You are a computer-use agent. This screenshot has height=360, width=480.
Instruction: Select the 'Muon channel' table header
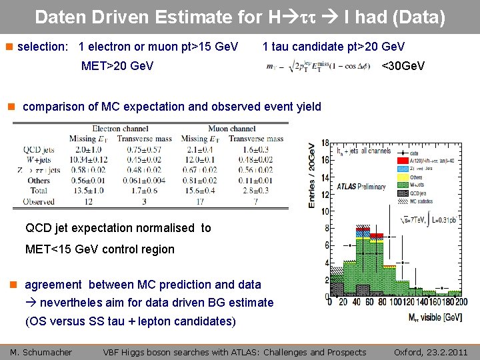point(232,129)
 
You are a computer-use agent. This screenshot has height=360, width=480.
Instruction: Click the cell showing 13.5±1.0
point(87,191)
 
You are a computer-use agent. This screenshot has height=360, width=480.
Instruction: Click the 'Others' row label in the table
point(39,180)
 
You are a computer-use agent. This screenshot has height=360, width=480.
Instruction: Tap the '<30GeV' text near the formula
point(403,66)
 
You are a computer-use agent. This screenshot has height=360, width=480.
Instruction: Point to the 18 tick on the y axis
point(325,143)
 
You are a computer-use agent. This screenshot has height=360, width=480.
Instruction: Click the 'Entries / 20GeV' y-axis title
point(312,176)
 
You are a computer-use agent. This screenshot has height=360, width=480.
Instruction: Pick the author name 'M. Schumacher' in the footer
point(41,352)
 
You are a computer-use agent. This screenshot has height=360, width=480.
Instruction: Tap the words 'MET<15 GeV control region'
point(99,249)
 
